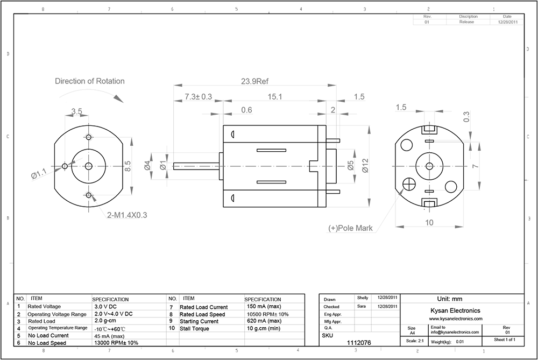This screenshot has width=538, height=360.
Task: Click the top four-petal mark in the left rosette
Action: click(89, 137)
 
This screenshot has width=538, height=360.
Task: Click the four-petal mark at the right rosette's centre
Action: click(429, 166)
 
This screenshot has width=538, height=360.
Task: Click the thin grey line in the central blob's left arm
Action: click(196, 166)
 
